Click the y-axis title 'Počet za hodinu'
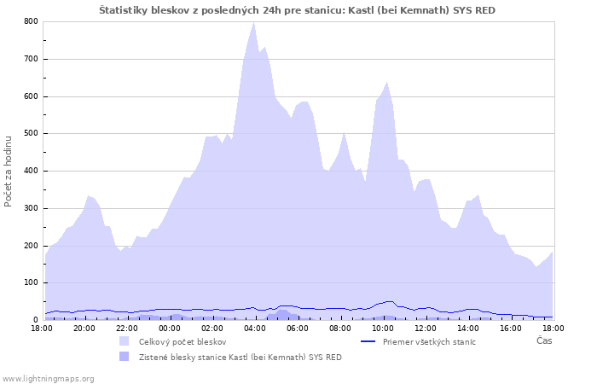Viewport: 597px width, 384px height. pyautogui.click(x=9, y=171)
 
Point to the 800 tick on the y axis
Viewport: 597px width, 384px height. pyautogui.click(x=30, y=21)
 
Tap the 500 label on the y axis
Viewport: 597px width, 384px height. pyautogui.click(x=30, y=133)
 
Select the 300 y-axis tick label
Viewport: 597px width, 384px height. pyautogui.click(x=30, y=208)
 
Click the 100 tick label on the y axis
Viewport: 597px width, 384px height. pyautogui.click(x=30, y=282)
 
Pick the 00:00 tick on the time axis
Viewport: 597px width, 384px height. pyautogui.click(x=169, y=328)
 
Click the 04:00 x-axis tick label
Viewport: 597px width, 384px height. pyautogui.click(x=254, y=328)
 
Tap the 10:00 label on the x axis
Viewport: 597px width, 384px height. pyautogui.click(x=382, y=328)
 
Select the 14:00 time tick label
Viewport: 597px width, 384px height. pyautogui.click(x=467, y=328)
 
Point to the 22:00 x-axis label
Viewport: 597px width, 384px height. pyautogui.click(x=126, y=328)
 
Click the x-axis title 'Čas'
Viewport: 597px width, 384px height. pyautogui.click(x=543, y=340)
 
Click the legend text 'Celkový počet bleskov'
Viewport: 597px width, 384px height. pyautogui.click(x=183, y=341)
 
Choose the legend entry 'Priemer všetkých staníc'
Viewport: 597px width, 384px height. pyautogui.click(x=429, y=341)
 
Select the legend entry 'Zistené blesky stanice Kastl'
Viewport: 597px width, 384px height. pyautogui.click(x=240, y=357)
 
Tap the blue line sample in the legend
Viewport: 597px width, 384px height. pyautogui.click(x=368, y=341)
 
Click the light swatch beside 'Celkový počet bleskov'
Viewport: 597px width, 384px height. pyautogui.click(x=125, y=341)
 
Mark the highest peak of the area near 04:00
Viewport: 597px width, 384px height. pyautogui.click(x=253, y=23)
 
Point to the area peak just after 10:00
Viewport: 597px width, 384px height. pyautogui.click(x=387, y=83)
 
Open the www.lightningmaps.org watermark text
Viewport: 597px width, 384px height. pyautogui.click(x=49, y=378)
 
